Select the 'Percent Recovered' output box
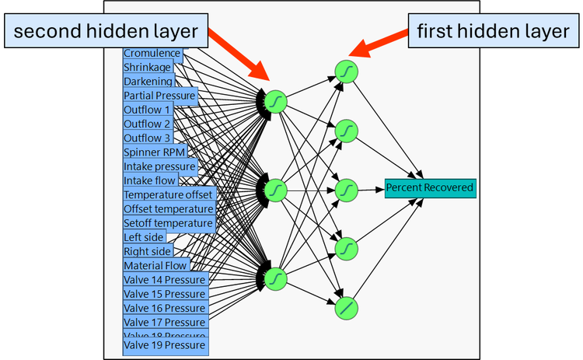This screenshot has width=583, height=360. coord(430,187)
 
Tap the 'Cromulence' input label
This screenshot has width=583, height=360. coord(152,54)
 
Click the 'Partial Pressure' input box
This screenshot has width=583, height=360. coord(159,96)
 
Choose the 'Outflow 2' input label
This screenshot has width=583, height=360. coord(147,124)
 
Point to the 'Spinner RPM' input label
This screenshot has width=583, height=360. coord(155,152)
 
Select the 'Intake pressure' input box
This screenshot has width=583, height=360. coord(160,166)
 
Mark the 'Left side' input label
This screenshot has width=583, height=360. coord(143,237)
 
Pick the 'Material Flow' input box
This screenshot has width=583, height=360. coord(155,266)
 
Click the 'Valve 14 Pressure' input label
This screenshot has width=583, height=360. coord(165,280)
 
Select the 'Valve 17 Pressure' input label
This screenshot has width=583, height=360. coord(165,322)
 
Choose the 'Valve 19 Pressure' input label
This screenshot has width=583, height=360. coord(165,345)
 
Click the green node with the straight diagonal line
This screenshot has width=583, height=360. coord(347,308)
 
